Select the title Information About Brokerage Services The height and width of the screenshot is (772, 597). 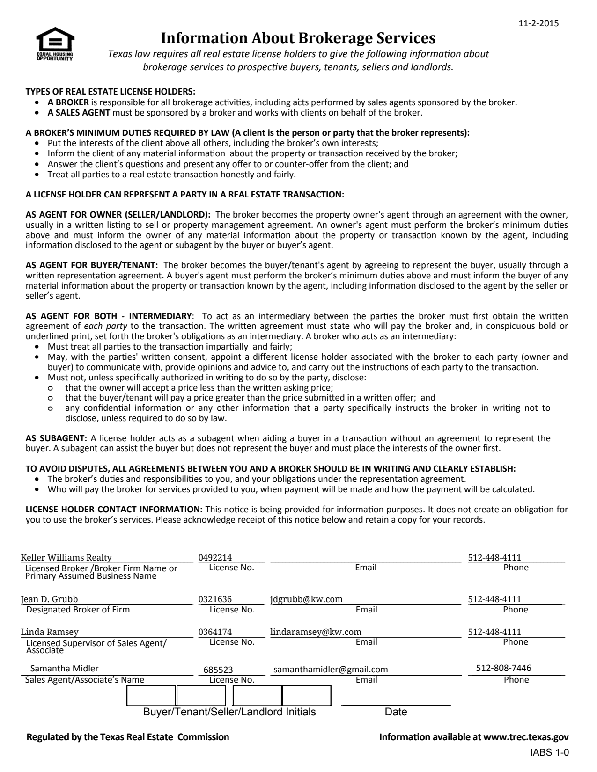point(298,37)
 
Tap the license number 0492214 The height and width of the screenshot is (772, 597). point(215,557)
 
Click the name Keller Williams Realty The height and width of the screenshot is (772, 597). point(66,557)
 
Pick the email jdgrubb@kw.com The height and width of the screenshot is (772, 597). point(306,599)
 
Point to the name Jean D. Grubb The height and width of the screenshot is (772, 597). point(50,599)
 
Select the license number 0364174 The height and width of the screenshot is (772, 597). point(215,632)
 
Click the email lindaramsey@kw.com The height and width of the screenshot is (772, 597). point(316,632)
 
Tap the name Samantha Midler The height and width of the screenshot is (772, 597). point(65,668)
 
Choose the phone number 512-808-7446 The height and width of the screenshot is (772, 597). point(503,668)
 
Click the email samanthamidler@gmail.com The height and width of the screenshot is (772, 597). point(331,670)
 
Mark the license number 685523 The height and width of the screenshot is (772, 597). point(218,670)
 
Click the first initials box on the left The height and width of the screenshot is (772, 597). point(151,695)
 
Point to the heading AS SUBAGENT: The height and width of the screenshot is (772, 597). point(56,438)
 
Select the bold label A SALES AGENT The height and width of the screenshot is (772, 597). point(79,112)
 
